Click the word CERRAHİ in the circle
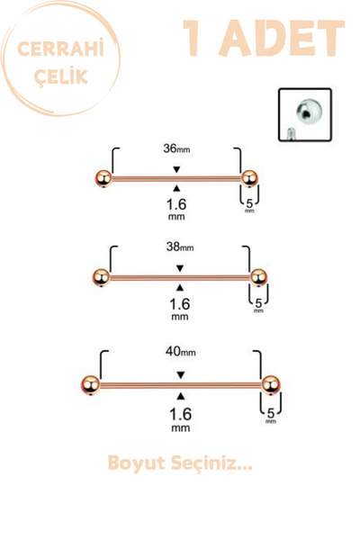point(60,49)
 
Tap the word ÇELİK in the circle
point(61,76)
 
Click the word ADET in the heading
point(282,38)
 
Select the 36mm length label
point(176,148)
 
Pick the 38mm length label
point(180,247)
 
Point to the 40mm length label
point(181,351)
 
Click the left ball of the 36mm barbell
point(103,178)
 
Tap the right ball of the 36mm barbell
point(249,178)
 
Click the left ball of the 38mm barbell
point(102,277)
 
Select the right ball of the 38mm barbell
point(258,277)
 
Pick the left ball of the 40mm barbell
point(91,384)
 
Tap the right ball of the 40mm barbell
point(271,384)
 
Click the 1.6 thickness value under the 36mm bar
point(176,204)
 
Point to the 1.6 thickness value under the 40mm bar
point(181,414)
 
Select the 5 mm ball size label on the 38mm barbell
point(258,305)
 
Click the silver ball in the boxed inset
point(309,110)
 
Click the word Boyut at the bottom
point(137,463)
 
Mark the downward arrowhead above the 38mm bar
point(180,268)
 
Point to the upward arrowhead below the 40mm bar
point(181,396)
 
